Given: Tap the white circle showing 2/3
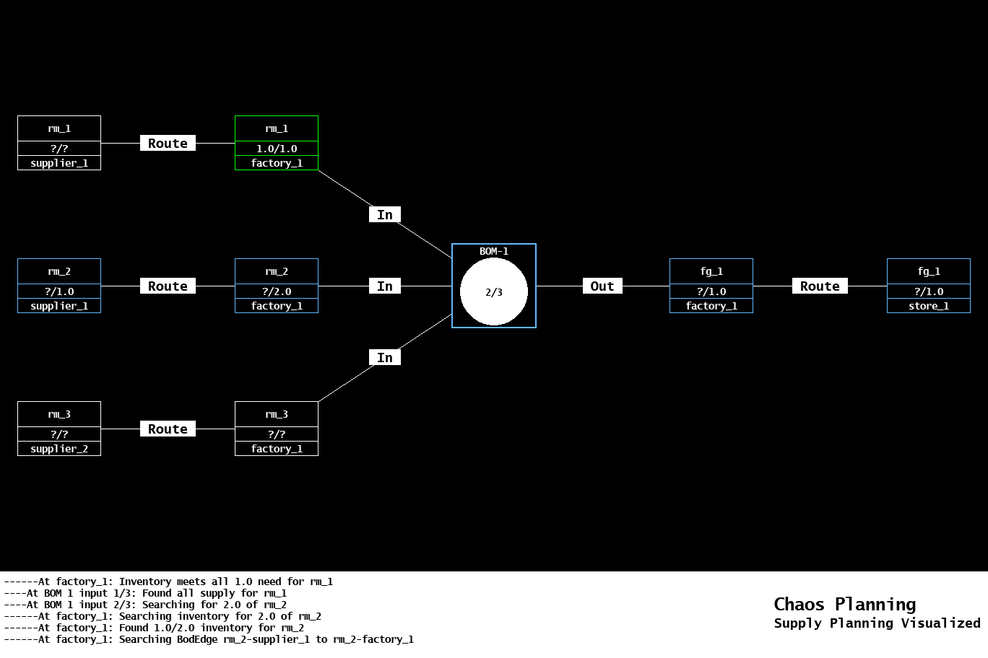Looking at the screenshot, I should point(494,292).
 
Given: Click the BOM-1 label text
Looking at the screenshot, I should point(494,251).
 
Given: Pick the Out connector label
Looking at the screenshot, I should point(602,286).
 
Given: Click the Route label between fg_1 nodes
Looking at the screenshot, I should point(820,286).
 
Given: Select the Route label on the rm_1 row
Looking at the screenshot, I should point(168,144).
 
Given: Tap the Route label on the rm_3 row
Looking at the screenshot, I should point(168,429).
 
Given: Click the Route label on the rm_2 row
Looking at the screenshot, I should point(168,286).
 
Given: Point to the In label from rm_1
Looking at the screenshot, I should point(385,215).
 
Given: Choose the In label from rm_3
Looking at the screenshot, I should point(385,358).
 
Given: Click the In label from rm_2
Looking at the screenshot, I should point(385,286).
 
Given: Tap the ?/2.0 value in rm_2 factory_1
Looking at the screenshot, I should point(277,291).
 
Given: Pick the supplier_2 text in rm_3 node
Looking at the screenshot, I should point(59,449).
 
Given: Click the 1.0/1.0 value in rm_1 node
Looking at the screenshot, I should point(277,149).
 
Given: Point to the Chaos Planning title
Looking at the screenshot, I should point(844,604).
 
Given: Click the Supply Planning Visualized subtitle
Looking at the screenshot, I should point(877,623).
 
